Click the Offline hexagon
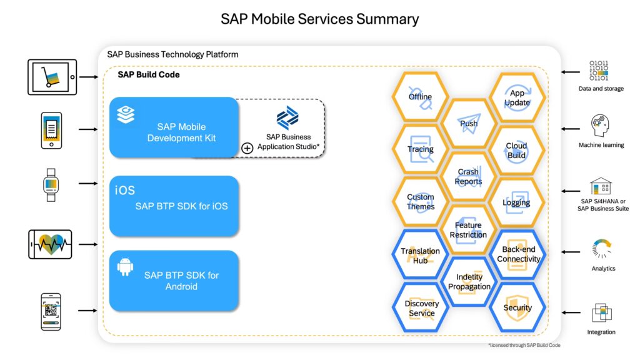click(x=420, y=97)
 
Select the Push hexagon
click(x=469, y=123)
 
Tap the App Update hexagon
click(x=517, y=97)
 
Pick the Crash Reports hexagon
click(x=469, y=176)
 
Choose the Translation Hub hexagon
click(x=420, y=255)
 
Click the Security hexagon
click(x=517, y=307)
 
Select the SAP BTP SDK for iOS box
click(x=174, y=206)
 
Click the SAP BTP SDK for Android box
click(x=174, y=281)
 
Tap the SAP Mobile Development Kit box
click(x=174, y=127)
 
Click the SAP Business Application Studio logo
click(x=287, y=118)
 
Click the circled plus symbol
click(x=247, y=148)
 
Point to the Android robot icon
click(x=126, y=267)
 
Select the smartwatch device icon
click(x=51, y=184)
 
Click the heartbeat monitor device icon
click(x=51, y=244)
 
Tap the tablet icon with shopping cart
click(x=52, y=77)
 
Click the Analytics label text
click(x=603, y=269)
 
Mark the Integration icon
click(x=601, y=312)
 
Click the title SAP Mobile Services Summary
click(x=319, y=19)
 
